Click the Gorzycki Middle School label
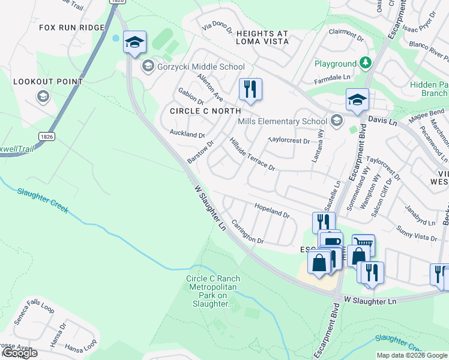(x=200, y=67)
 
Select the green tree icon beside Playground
(x=365, y=63)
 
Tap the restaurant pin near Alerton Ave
(x=250, y=89)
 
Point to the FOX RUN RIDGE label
(x=72, y=28)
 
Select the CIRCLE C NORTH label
(x=205, y=111)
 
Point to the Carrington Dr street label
(x=247, y=232)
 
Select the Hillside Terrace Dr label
(x=252, y=154)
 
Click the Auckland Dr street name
(x=187, y=134)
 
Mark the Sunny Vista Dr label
(x=417, y=234)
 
